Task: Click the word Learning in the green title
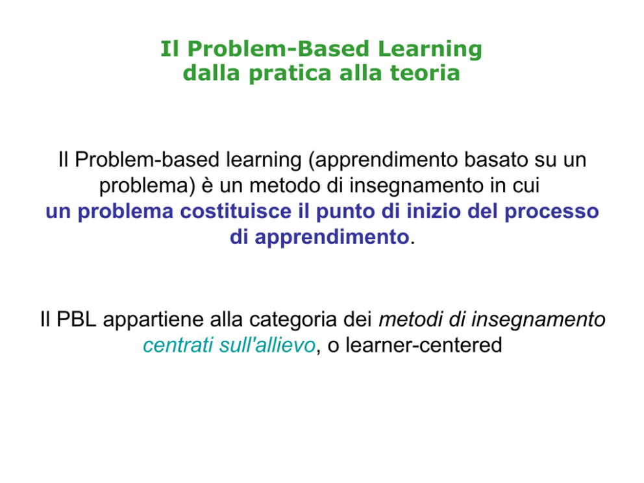coord(430,49)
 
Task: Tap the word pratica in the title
coord(290,74)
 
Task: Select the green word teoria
coord(425,73)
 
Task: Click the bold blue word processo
coord(552,212)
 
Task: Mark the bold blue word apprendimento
coord(332,238)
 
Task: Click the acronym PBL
coord(77,319)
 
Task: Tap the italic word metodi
coord(411,319)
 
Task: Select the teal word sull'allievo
coord(267,345)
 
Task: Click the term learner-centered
coord(424,345)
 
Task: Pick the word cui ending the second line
coord(526,185)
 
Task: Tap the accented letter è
coord(207,185)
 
